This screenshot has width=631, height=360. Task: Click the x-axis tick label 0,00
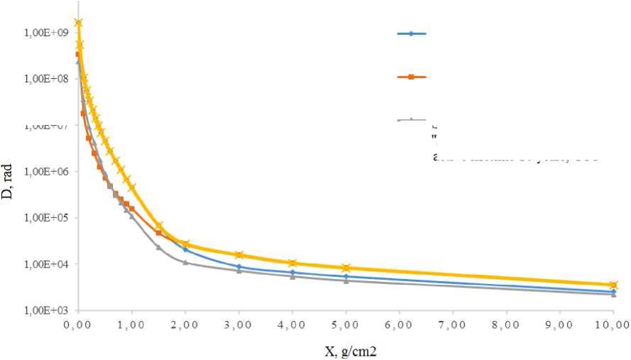[77, 324]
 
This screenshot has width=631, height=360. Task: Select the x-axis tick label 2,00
[185, 324]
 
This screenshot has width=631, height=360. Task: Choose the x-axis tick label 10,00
[613, 324]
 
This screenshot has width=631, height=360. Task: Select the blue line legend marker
[411, 33]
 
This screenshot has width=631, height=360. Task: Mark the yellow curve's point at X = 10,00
[614, 285]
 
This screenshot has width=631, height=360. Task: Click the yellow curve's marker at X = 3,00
[239, 254]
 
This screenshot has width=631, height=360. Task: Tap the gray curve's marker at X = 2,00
[185, 263]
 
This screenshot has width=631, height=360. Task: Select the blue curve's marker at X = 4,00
[292, 273]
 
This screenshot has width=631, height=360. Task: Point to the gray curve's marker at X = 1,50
[158, 247]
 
